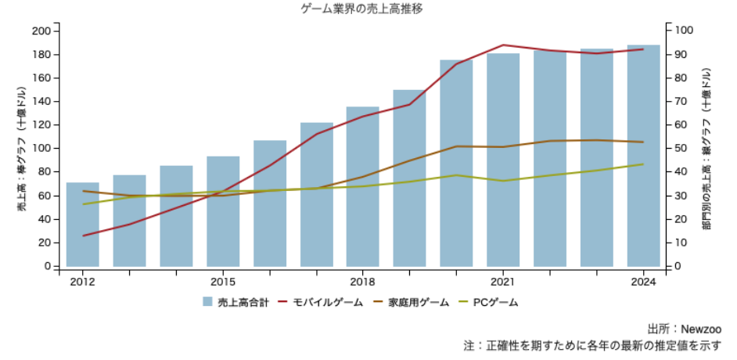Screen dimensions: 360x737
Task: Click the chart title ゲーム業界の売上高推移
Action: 362,9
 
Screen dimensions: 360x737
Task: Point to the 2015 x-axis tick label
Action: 223,282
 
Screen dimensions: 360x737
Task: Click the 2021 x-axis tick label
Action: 502,282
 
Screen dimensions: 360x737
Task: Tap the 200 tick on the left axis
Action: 41,31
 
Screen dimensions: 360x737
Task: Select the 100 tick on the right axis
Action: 682,31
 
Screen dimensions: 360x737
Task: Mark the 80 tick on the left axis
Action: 44,172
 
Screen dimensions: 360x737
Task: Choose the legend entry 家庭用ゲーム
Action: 412,302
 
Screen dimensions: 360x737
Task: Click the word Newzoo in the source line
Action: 700,329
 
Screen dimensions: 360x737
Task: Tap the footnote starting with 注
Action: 591,345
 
